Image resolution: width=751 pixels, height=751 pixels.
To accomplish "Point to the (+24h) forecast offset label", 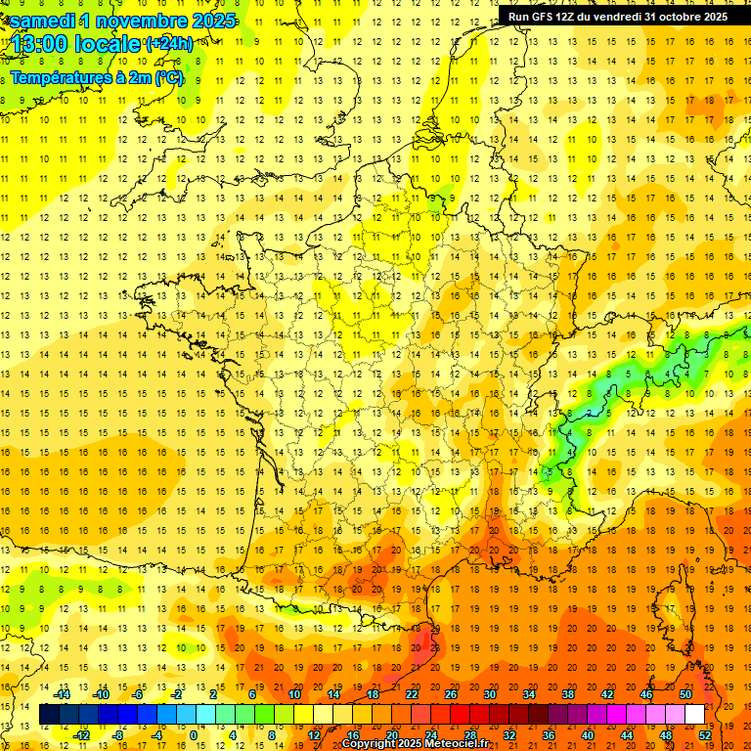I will coord(168,44).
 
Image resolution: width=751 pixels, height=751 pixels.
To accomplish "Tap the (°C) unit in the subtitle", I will coord(168,77).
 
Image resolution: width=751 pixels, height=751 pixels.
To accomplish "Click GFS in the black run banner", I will coord(543,17).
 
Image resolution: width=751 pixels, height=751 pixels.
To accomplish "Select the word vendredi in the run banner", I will coord(617,17).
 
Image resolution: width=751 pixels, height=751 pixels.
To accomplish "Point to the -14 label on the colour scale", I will coord(63,693).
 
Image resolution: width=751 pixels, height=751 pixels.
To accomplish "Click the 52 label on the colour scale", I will coord(705,734).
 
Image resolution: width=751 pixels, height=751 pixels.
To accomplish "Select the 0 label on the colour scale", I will coord(193,734).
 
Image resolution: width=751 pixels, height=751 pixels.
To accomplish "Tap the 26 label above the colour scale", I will coord(451,693).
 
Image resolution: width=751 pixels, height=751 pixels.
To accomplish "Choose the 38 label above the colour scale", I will coord(567,693).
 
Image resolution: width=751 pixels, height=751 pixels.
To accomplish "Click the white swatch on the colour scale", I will coord(694,715).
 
